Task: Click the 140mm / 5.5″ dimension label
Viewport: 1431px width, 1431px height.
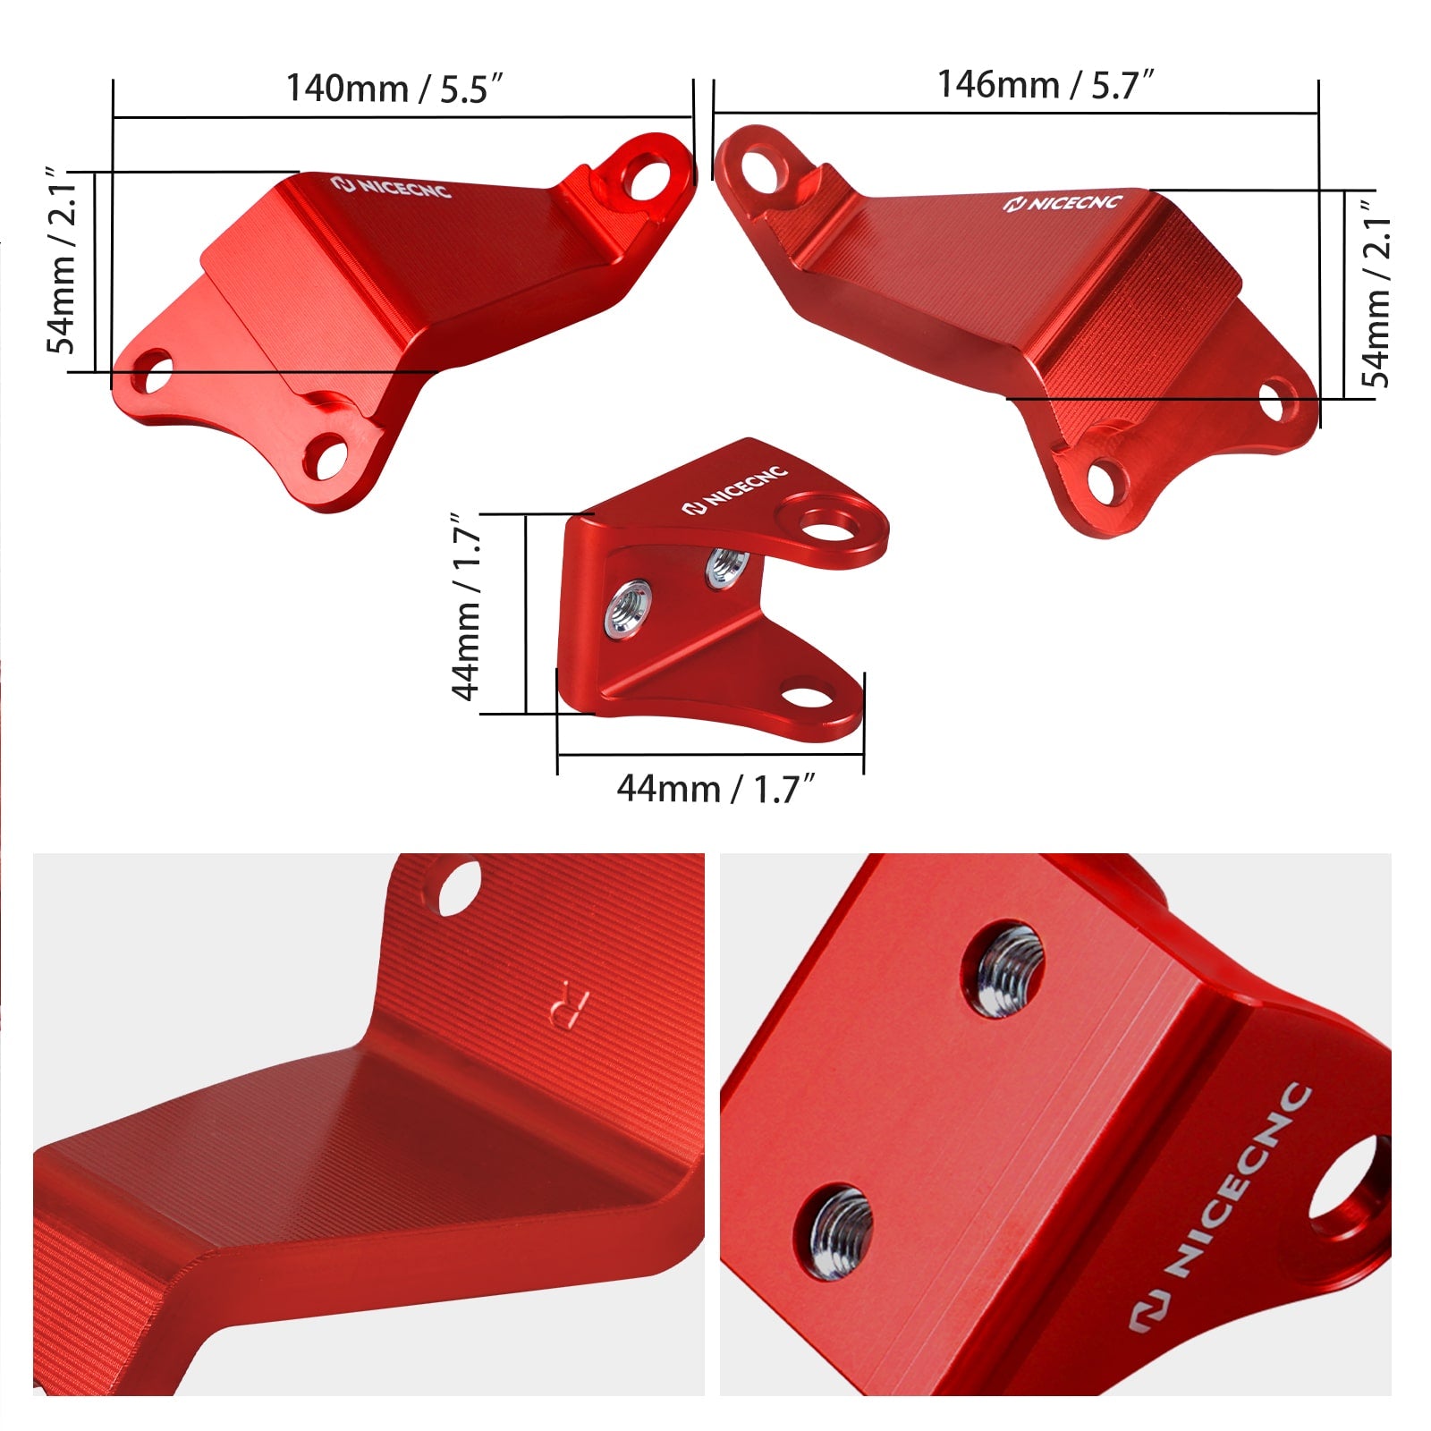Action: pos(394,89)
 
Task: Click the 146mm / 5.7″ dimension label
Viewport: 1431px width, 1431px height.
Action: pos(1046,85)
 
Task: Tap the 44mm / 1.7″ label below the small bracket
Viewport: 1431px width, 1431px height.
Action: pos(716,789)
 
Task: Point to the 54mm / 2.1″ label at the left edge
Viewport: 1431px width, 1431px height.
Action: pos(64,260)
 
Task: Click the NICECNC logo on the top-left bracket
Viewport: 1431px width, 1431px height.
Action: pos(391,187)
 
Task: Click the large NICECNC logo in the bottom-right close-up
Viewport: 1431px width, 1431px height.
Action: pos(1220,1207)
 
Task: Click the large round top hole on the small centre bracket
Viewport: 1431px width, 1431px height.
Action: pos(831,527)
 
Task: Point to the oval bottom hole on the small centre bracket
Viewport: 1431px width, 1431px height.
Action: pos(807,695)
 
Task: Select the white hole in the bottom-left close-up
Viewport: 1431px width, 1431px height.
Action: pos(459,887)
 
